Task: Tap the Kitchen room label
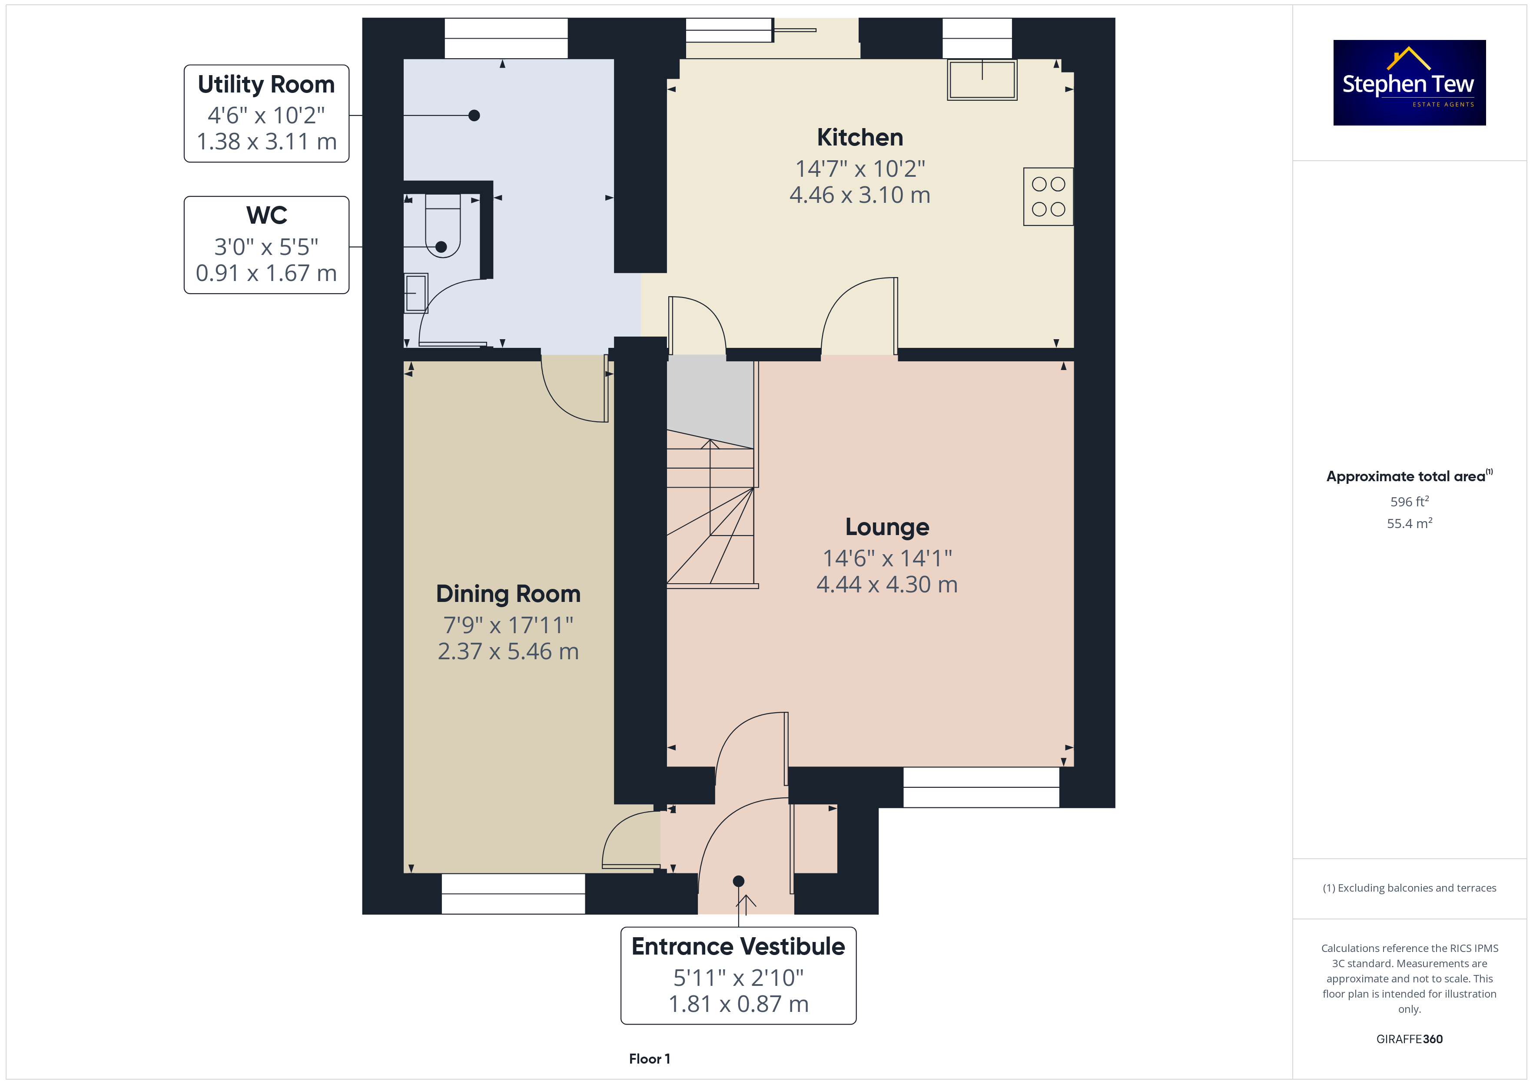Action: point(860,138)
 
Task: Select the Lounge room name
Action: point(887,527)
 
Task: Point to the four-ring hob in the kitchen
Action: point(1048,196)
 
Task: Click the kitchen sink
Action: point(982,80)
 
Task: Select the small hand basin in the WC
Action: point(416,293)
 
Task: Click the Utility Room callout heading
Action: point(266,85)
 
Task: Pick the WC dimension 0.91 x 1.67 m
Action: point(266,273)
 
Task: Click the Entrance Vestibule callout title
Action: point(738,946)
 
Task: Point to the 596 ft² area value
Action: point(1410,501)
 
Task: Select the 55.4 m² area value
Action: point(1410,523)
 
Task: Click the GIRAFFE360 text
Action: point(1410,1039)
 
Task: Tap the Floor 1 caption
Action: point(650,1059)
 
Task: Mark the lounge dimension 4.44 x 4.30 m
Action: point(887,585)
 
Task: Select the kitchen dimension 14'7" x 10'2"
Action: point(860,169)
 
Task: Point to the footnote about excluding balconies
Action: point(1410,888)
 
